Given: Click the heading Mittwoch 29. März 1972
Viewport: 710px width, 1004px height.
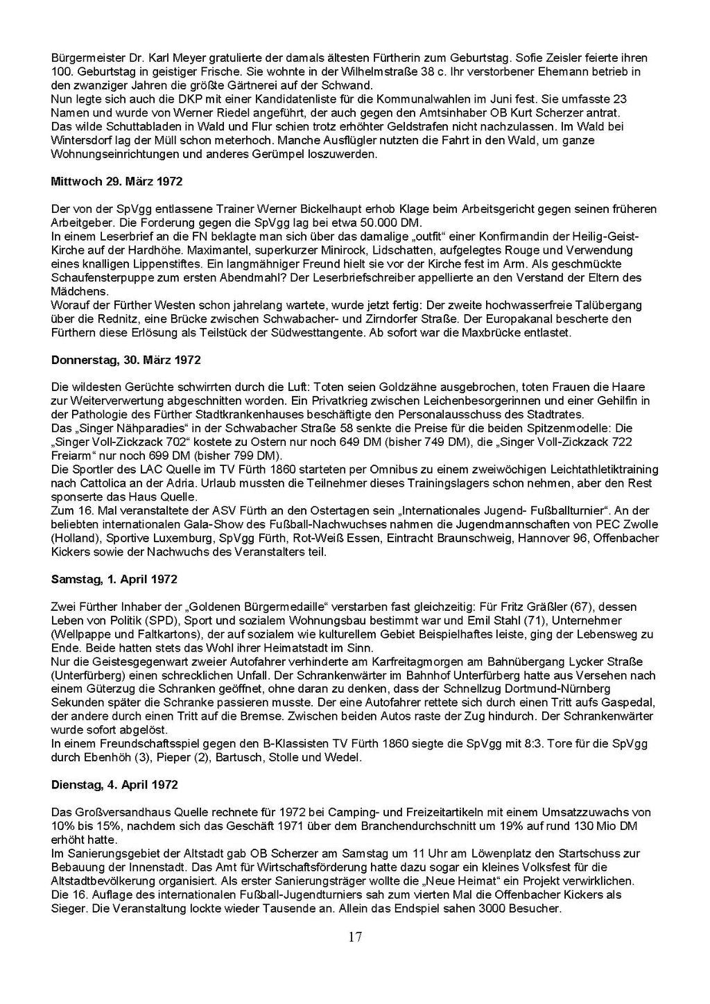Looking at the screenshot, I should coord(116,182).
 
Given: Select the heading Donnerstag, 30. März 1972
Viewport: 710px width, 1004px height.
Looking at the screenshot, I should coord(125,360).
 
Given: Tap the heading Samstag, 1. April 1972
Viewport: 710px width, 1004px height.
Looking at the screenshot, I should coord(114,580).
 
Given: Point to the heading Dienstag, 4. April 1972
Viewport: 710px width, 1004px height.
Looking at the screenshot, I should coord(114,785).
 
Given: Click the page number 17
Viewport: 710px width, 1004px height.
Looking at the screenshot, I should coord(355,937).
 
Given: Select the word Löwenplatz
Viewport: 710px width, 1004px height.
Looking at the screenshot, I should coord(495,854).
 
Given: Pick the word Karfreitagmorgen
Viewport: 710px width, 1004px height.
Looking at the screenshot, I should coord(391,661).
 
